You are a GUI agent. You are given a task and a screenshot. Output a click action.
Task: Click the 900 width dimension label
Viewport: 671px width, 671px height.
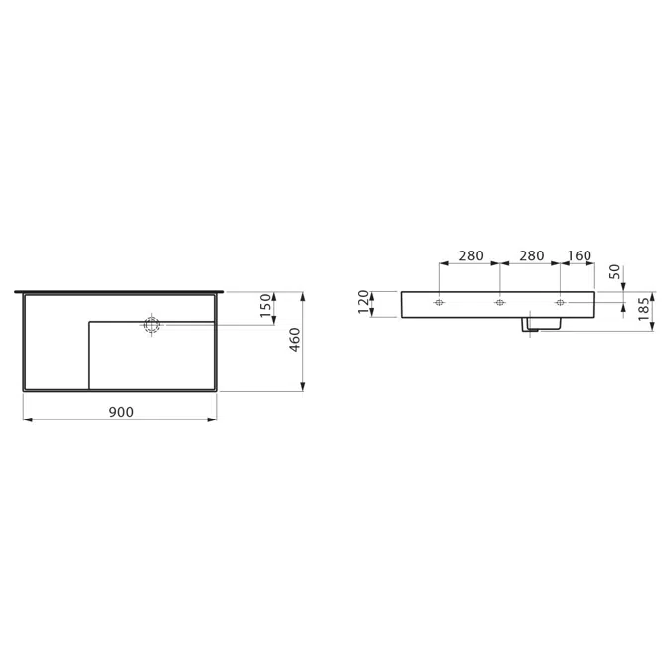pos(121,412)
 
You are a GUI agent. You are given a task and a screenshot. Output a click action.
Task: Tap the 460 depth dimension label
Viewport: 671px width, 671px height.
pos(295,340)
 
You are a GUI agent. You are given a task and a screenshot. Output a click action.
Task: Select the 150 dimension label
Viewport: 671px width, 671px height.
pos(265,305)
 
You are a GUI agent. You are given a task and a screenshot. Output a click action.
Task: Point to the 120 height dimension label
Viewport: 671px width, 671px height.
pos(363,301)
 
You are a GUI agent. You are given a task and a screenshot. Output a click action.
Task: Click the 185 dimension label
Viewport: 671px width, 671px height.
pos(643,309)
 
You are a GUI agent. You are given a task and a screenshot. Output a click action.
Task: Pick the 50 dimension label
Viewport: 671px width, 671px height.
pos(614,272)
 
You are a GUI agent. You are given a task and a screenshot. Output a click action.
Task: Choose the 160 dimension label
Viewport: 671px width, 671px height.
pos(579,255)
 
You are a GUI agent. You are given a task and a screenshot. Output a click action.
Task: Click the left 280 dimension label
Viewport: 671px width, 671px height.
pos(471,255)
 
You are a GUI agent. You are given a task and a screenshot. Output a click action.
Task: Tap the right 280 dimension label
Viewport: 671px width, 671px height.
pos(532,255)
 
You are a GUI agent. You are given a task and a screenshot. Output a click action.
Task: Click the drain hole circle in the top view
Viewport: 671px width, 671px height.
pos(151,325)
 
